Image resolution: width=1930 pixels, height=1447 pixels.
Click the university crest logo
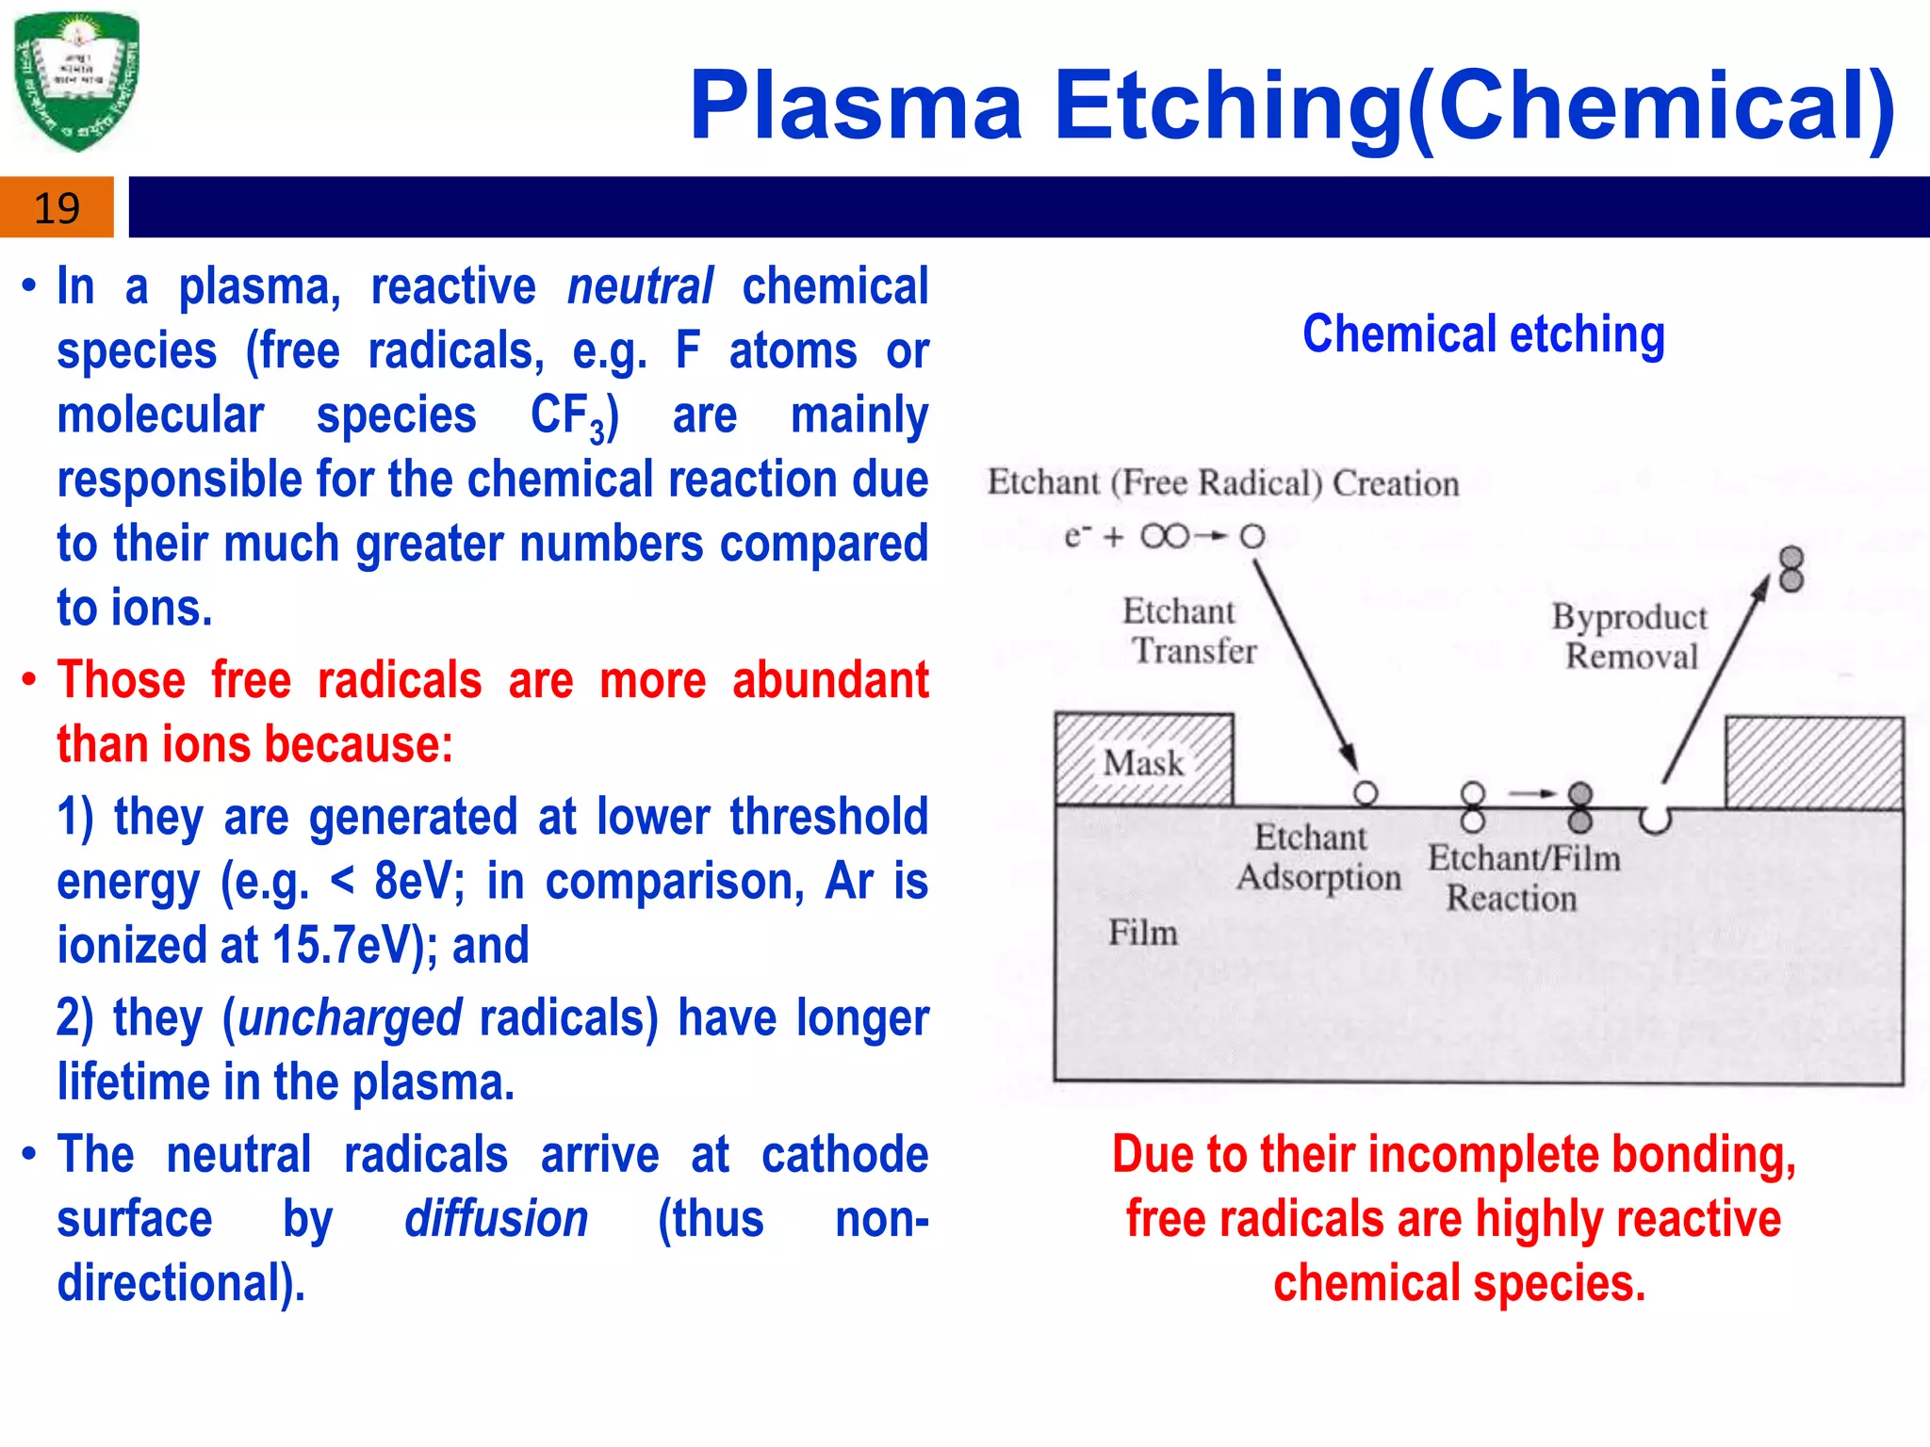pyautogui.click(x=77, y=81)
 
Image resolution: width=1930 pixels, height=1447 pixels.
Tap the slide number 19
pyautogui.click(x=57, y=208)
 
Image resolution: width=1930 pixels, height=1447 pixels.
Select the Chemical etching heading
pyautogui.click(x=1483, y=335)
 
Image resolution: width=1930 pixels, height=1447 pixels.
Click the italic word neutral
pyautogui.click(x=640, y=286)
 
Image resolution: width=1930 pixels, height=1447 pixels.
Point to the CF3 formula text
pyautogui.click(x=572, y=416)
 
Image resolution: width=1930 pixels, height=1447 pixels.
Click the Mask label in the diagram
pyautogui.click(x=1142, y=762)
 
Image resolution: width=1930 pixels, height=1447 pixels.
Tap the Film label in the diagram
pyautogui.click(x=1142, y=933)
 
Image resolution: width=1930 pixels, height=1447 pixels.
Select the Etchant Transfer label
pyautogui.click(x=1187, y=631)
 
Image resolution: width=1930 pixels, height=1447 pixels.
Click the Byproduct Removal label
pyautogui.click(x=1630, y=637)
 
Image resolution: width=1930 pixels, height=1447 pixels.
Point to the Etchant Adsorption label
pyautogui.click(x=1317, y=857)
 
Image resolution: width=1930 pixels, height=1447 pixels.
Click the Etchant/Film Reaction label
pyautogui.click(x=1522, y=878)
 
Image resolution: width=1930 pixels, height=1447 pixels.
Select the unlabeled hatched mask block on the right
pyautogui.click(x=1813, y=763)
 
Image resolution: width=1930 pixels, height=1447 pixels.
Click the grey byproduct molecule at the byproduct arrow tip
pyautogui.click(x=1791, y=569)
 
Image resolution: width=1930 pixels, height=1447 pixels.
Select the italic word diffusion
pyautogui.click(x=497, y=1219)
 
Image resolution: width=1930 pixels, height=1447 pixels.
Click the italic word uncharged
pyautogui.click(x=350, y=1018)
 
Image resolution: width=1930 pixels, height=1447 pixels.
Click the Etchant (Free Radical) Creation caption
pyautogui.click(x=1222, y=483)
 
